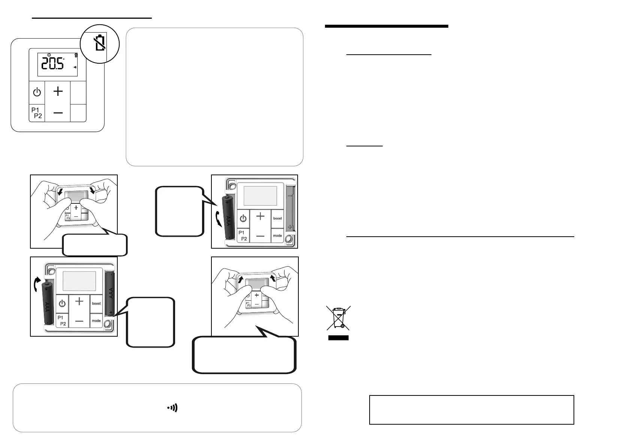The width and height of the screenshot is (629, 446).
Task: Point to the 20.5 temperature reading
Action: coord(52,64)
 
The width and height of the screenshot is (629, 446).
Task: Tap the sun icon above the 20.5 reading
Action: coord(49,55)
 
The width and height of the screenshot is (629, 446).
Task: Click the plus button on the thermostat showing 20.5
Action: coord(58,91)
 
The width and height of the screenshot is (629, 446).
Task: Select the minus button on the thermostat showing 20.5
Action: coord(58,113)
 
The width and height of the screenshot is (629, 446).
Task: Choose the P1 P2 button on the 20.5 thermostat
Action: coord(36,113)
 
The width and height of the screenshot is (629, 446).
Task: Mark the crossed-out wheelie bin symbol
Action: coord(338,318)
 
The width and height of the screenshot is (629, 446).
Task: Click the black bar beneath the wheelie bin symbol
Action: coord(338,338)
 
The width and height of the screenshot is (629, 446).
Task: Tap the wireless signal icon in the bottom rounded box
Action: coord(172,408)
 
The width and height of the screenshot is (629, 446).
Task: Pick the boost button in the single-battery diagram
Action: coord(277,218)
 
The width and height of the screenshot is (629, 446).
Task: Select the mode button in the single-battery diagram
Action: coord(277,236)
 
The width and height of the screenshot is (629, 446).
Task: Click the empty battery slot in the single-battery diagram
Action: coord(290,212)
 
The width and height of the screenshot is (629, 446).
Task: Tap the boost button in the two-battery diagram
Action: coord(96,303)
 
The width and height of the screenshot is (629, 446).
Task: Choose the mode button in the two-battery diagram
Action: coord(96,321)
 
